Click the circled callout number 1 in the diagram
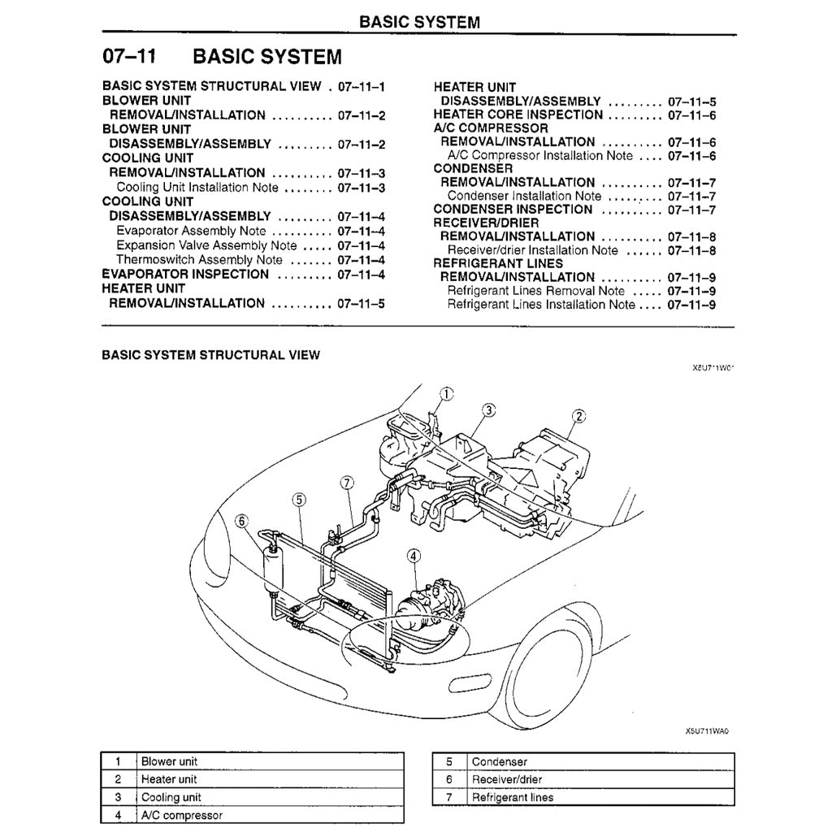[x=447, y=395]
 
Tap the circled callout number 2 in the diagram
[x=578, y=417]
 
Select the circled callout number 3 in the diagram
[x=488, y=410]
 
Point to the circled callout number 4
[x=414, y=557]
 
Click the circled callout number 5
[x=299, y=500]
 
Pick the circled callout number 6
[x=241, y=522]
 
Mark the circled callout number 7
[x=346, y=483]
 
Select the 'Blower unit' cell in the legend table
[x=169, y=762]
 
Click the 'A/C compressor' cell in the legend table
[x=181, y=815]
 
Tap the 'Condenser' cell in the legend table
[x=499, y=762]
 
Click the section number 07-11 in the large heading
[x=129, y=57]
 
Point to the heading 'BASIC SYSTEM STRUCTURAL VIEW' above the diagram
[x=210, y=355]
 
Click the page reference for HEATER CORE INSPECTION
[x=691, y=115]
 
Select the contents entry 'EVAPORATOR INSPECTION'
[x=185, y=274]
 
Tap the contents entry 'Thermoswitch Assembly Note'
[x=199, y=260]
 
